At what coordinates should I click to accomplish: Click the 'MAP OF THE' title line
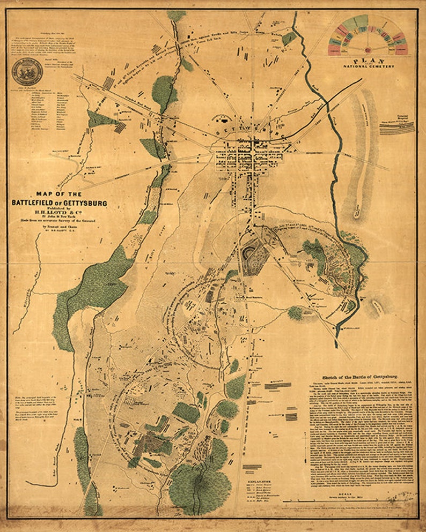click(x=59, y=194)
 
